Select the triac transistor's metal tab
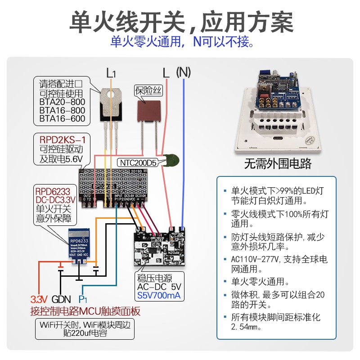(x=111, y=97)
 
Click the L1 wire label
(x=111, y=73)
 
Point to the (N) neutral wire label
(x=183, y=72)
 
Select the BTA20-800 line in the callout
(x=62, y=102)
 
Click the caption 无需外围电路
(x=278, y=163)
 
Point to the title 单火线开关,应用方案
(x=180, y=22)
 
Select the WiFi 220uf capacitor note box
(x=84, y=330)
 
